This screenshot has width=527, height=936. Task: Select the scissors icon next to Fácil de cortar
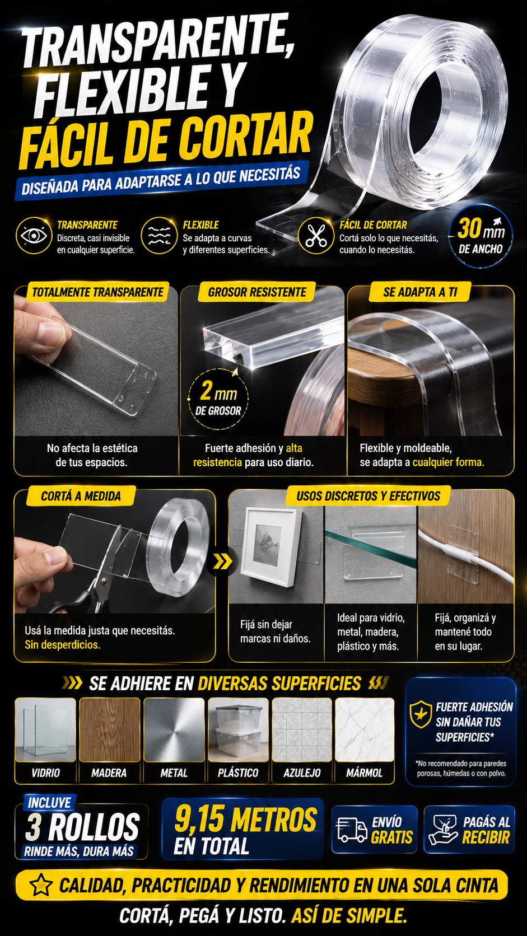coord(316,235)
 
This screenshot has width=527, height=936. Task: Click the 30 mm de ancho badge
coord(481,236)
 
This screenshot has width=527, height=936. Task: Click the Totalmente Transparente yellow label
coord(97,292)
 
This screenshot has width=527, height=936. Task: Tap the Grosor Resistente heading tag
coord(257,292)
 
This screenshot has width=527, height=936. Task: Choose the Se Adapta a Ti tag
coord(419,292)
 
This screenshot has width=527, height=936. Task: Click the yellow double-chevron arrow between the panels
coord(222,561)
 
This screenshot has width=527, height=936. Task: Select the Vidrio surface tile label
coord(45,773)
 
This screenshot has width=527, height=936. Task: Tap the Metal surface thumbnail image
coord(174,729)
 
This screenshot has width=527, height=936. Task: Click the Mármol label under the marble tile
coord(365,773)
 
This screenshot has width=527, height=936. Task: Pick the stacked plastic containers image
coord(238,729)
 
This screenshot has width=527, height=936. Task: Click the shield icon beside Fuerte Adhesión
coord(421,714)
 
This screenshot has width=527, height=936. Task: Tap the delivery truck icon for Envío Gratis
coord(352,830)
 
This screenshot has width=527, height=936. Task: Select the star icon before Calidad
coord(41,885)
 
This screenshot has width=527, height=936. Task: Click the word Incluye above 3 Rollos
coord(49,802)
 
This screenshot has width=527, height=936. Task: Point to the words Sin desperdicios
coord(62,645)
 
